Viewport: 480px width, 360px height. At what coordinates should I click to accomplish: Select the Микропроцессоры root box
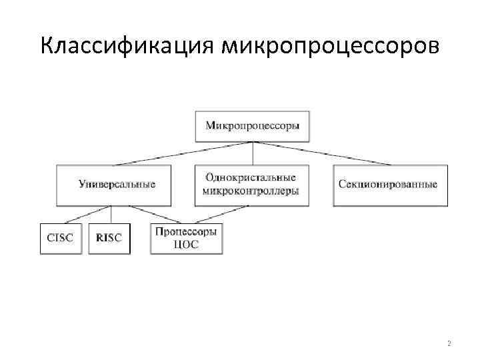tap(253, 126)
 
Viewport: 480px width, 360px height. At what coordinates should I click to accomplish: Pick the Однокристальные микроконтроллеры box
tap(251, 185)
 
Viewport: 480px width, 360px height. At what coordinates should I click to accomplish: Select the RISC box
tap(109, 238)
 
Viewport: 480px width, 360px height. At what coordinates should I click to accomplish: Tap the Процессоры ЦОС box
tap(187, 238)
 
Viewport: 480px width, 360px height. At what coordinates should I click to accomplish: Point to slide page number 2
tap(449, 343)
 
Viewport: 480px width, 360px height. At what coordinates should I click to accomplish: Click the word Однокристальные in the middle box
tap(251, 178)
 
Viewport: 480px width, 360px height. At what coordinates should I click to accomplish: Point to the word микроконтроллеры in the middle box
tap(251, 191)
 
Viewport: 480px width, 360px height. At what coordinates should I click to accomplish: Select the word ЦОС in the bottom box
tap(187, 245)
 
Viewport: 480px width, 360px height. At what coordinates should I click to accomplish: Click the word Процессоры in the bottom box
tap(187, 231)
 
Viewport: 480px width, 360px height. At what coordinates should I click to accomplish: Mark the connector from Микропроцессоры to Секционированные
tap(320, 153)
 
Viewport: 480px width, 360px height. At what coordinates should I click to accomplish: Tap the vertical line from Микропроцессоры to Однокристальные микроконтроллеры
tap(253, 153)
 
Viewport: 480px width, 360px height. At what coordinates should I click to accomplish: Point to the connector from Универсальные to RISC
tap(111, 215)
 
